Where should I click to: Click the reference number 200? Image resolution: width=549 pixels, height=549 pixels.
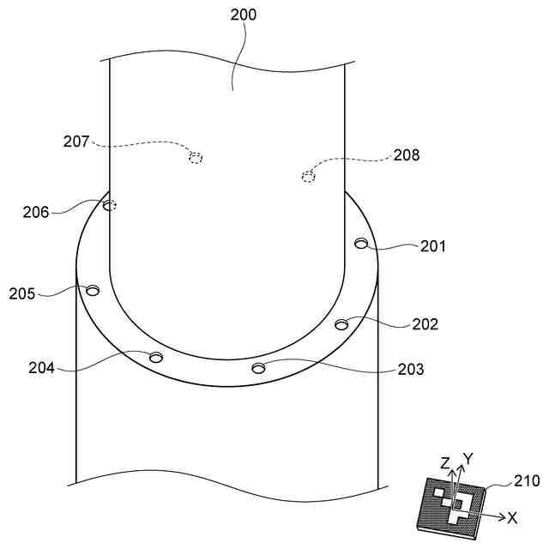pyautogui.click(x=243, y=14)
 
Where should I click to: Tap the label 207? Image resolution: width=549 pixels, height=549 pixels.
pyautogui.click(x=75, y=142)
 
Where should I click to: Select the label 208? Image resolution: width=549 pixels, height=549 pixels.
pyautogui.click(x=407, y=155)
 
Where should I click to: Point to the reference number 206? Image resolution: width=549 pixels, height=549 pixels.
pyautogui.click(x=36, y=211)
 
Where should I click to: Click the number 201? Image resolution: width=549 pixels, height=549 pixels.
pyautogui.click(x=433, y=247)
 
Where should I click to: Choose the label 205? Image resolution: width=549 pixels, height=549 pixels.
pyautogui.click(x=22, y=293)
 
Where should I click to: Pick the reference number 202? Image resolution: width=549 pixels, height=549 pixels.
pyautogui.click(x=425, y=324)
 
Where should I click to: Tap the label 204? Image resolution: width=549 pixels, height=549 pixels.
pyautogui.click(x=41, y=368)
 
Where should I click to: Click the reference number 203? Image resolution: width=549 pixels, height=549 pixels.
pyautogui.click(x=411, y=370)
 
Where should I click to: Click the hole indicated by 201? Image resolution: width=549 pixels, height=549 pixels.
pyautogui.click(x=361, y=244)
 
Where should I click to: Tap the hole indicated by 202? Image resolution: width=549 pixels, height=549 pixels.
pyautogui.click(x=341, y=323)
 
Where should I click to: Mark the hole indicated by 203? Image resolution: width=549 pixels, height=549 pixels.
pyautogui.click(x=258, y=368)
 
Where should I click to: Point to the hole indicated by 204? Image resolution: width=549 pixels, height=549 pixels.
pyautogui.click(x=156, y=357)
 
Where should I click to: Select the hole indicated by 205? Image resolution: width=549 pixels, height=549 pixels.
pyautogui.click(x=93, y=290)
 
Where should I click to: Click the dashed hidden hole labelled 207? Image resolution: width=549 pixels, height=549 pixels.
pyautogui.click(x=196, y=157)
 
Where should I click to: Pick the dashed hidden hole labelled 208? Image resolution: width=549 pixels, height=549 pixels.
pyautogui.click(x=308, y=177)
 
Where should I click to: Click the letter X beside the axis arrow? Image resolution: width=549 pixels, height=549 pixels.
pyautogui.click(x=513, y=518)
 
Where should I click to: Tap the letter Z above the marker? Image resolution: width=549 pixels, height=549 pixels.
pyautogui.click(x=445, y=463)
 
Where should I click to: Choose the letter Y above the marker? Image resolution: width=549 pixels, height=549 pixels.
pyautogui.click(x=468, y=458)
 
